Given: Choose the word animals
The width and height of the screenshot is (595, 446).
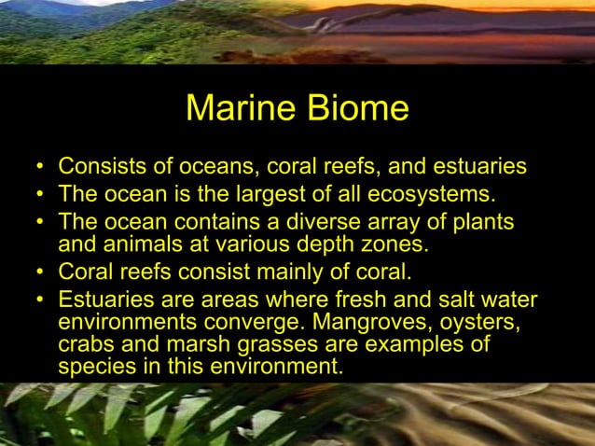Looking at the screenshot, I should [x=131, y=245].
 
